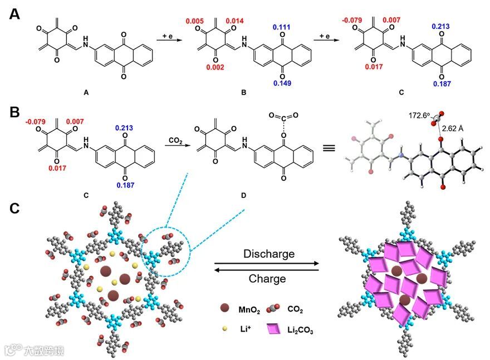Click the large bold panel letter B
[16, 114]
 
